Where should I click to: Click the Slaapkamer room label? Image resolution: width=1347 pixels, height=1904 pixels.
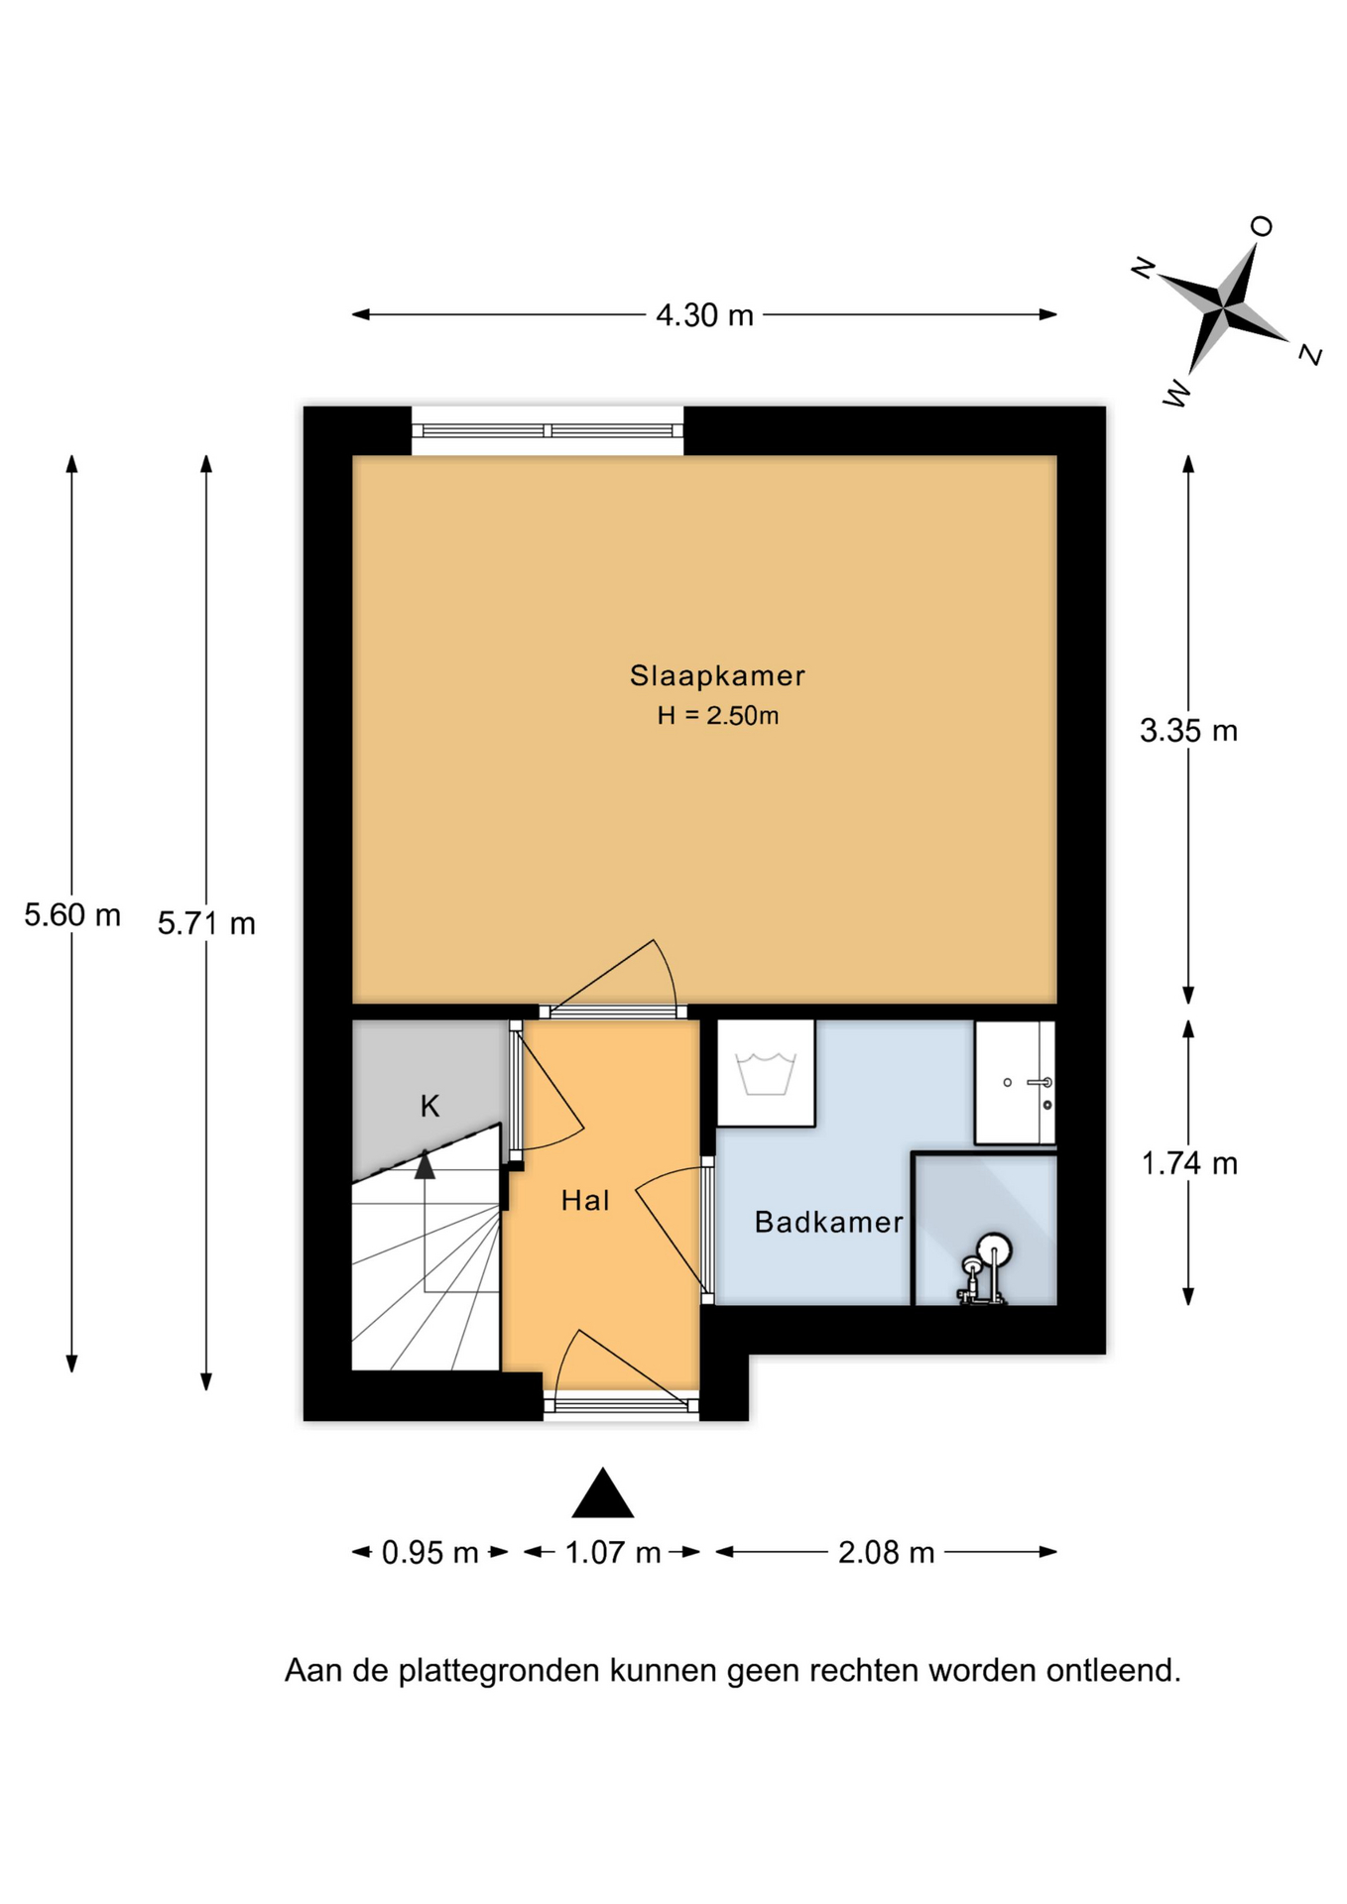(717, 675)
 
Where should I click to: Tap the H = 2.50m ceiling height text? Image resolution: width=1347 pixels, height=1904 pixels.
(717, 715)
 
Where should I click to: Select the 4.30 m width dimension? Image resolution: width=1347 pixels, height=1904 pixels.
(705, 315)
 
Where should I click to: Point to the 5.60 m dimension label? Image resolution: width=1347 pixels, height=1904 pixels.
(72, 914)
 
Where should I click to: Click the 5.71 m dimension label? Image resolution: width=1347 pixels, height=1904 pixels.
(206, 923)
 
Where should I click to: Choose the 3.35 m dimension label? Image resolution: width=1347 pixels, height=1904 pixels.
(1188, 731)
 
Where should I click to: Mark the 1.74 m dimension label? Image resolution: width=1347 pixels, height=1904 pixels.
(1189, 1162)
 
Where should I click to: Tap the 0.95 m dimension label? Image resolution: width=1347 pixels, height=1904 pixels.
(430, 1552)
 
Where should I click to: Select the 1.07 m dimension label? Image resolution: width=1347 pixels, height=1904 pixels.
(613, 1552)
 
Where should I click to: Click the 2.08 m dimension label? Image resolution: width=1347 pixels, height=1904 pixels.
(886, 1552)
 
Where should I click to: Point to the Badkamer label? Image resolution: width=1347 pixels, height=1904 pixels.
(829, 1222)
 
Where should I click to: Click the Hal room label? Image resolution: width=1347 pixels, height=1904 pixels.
(585, 1201)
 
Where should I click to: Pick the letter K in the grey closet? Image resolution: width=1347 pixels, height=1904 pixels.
(429, 1106)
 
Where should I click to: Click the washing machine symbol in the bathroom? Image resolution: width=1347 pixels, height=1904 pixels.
(766, 1073)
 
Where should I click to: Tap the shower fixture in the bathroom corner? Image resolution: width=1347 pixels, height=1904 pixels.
(984, 1269)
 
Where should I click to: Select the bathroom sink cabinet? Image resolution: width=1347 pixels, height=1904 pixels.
(1015, 1082)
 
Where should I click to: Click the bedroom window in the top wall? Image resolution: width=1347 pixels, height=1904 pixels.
(548, 431)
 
